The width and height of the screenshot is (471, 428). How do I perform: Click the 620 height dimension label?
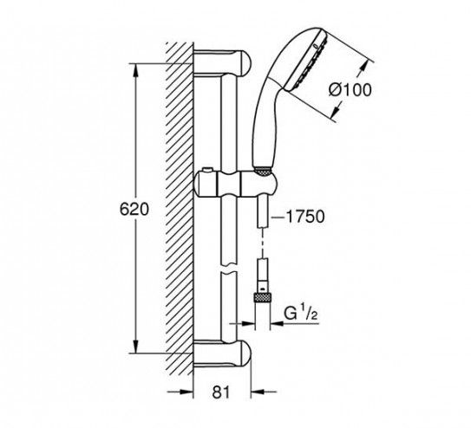tap(134, 210)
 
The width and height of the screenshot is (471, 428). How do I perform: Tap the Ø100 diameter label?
tap(350, 90)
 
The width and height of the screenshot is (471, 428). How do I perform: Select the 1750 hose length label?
tap(305, 217)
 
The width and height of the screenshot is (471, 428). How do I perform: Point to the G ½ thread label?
tap(301, 314)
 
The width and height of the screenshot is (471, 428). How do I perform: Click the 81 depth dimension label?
tap(221, 392)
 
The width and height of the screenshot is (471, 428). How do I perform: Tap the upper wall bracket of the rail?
tap(222, 63)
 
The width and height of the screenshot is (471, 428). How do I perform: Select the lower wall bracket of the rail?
tap(222, 353)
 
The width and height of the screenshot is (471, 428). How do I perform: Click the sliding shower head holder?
tap(236, 185)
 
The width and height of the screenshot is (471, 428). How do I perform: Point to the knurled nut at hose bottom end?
tap(262, 299)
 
